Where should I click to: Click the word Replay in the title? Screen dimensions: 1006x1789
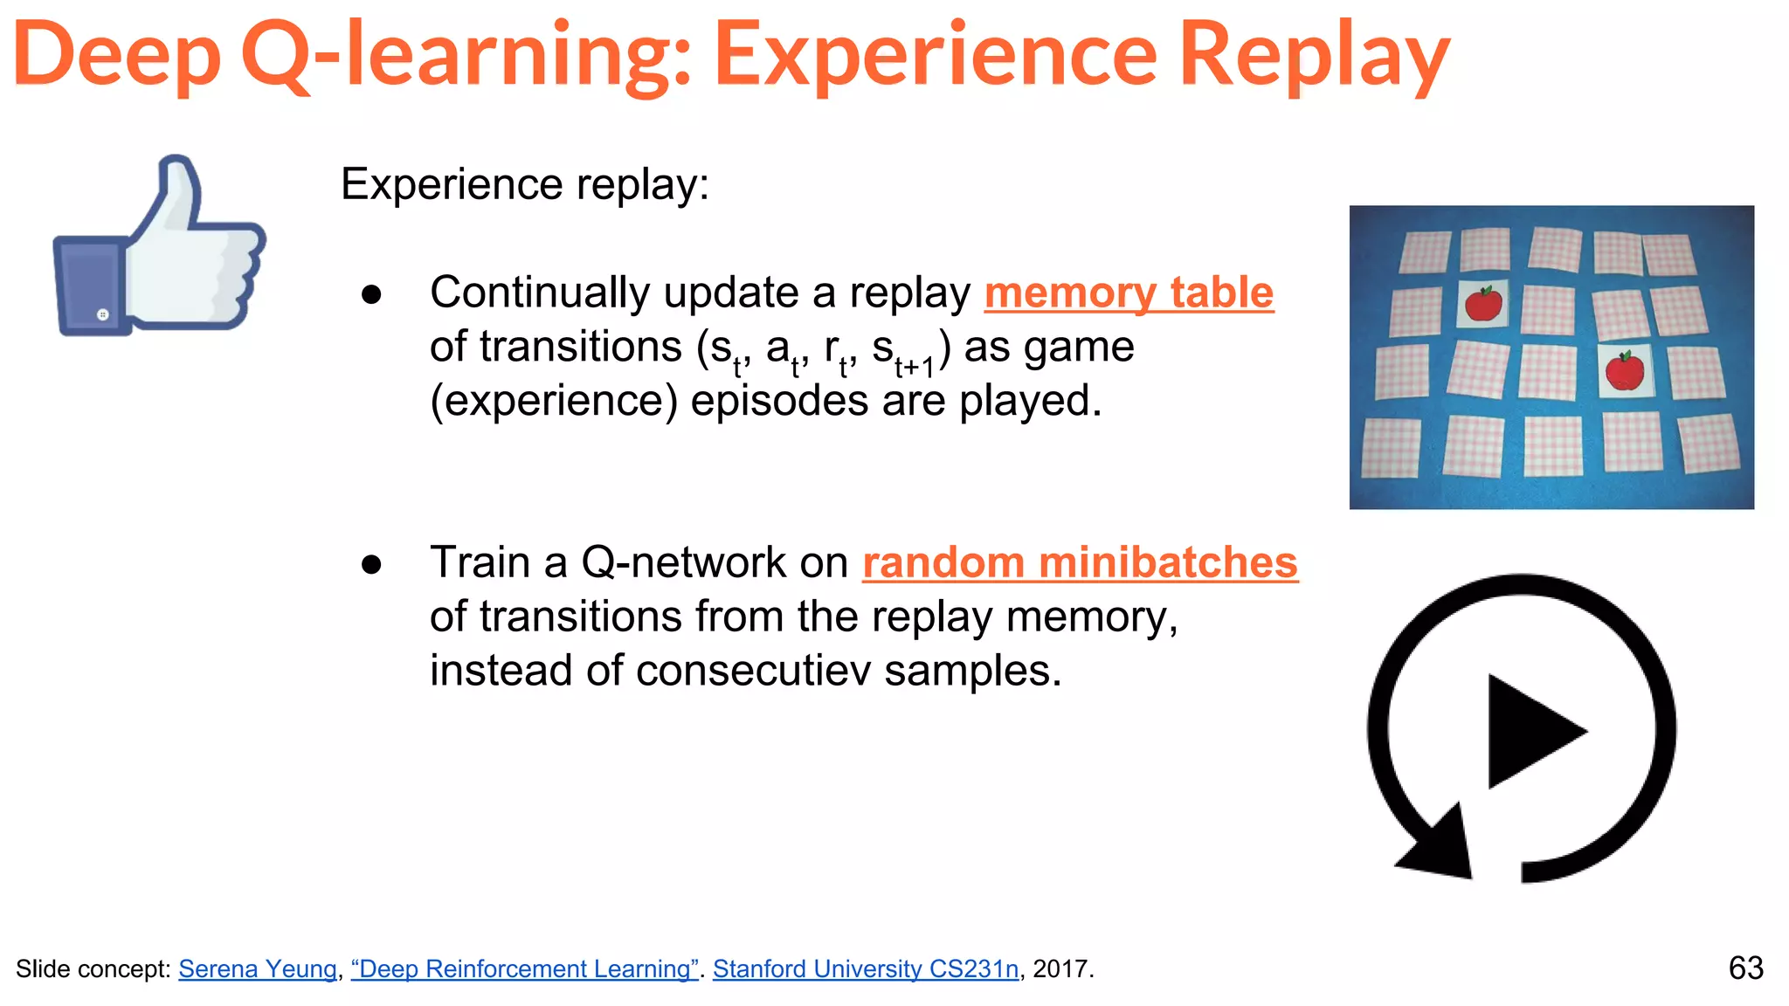[x=1315, y=57]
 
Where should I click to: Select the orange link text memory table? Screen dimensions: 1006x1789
[x=1129, y=293]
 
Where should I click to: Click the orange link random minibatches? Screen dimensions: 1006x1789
[x=1080, y=562]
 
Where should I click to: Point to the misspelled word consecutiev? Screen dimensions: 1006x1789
[x=753, y=672]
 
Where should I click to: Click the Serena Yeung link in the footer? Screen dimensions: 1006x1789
[x=258, y=968]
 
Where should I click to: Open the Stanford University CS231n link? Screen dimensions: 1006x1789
[x=865, y=968]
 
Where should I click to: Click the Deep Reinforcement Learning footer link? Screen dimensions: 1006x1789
[x=524, y=968]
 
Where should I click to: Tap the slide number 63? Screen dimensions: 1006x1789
[x=1745, y=968]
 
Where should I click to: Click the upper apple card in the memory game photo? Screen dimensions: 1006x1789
[x=1482, y=304]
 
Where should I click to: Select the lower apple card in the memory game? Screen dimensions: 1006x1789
[x=1625, y=370]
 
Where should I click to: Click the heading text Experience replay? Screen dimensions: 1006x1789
[x=525, y=184]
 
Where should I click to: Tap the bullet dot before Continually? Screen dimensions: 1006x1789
[x=371, y=294]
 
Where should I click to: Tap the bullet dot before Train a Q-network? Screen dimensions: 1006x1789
[x=371, y=564]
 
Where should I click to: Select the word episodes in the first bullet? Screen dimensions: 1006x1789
[x=779, y=402]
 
